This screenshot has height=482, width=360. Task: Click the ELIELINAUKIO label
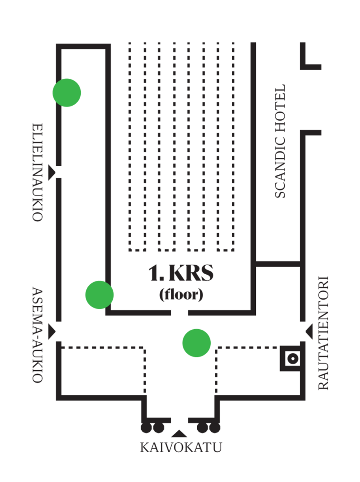37,172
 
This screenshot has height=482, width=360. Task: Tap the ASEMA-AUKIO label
37,334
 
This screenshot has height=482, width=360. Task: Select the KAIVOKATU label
181,448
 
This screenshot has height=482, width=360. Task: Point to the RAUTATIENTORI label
323,333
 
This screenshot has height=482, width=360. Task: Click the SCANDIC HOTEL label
281,141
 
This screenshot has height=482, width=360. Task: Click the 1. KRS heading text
181,274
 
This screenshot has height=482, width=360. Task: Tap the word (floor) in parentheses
181,295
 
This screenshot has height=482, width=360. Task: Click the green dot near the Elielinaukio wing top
66,93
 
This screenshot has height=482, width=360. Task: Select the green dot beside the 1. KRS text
100,295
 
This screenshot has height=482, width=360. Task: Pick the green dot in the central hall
196,343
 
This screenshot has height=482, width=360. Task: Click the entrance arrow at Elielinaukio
51,172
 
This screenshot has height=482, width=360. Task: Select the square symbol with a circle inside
292,359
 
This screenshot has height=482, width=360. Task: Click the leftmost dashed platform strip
138,147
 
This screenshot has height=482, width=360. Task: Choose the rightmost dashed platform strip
226,147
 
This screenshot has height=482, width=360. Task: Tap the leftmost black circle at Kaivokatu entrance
146,428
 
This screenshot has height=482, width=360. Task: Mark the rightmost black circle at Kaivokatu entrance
215,428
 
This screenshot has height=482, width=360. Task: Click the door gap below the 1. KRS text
179,312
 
